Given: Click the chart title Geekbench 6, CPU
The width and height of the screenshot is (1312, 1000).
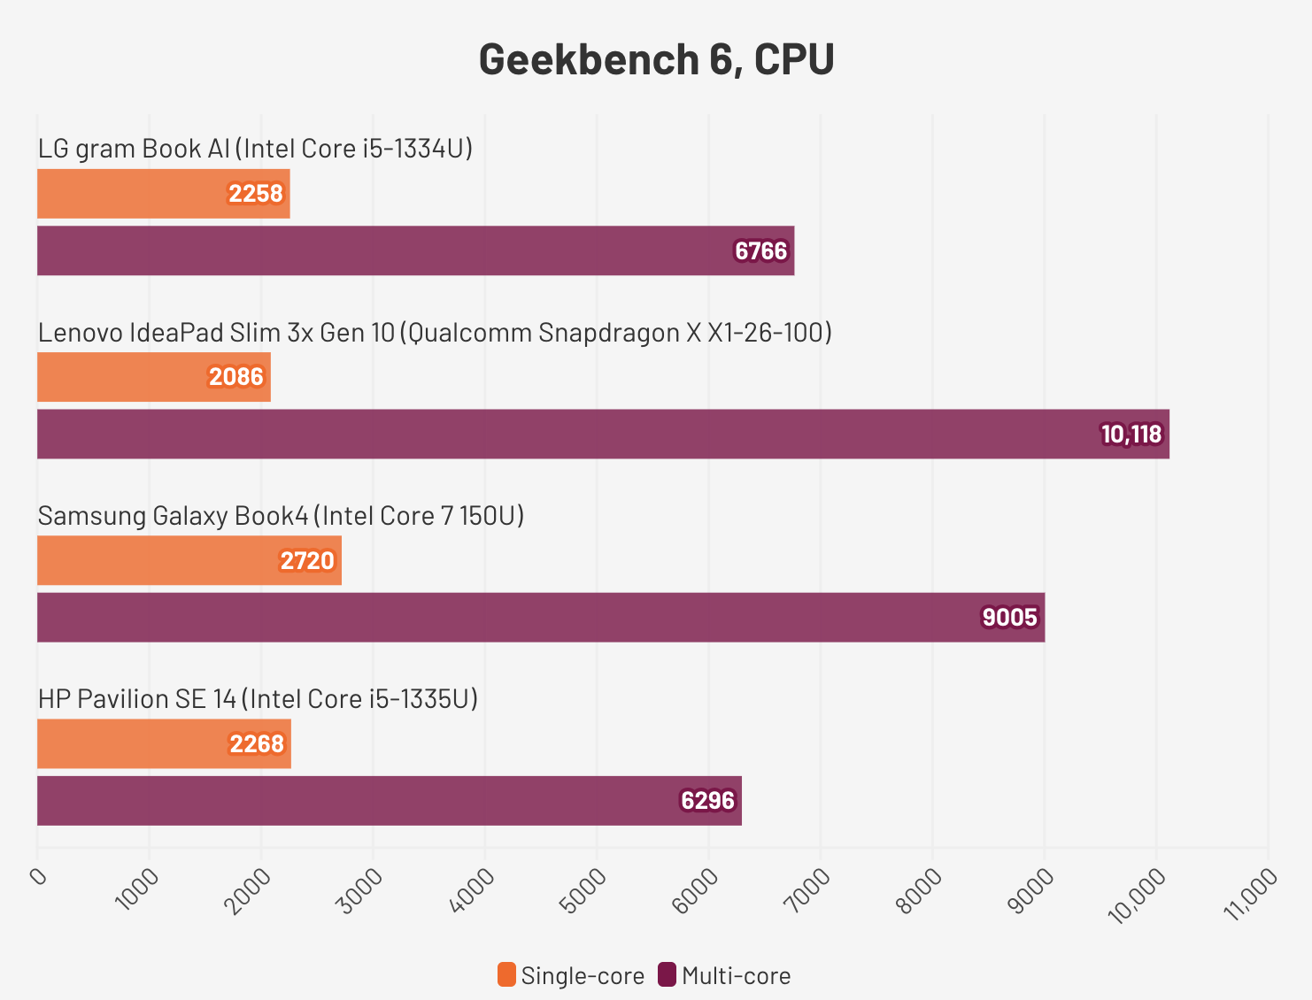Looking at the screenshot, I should (656, 60).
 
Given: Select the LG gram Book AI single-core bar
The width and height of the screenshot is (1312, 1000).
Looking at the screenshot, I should (163, 194).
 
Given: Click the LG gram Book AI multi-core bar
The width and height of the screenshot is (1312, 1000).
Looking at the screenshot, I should (415, 250).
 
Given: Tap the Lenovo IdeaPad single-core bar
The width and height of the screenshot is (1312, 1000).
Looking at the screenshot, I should (153, 377).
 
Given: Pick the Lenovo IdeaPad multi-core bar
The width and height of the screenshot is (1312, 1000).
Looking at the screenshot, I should (603, 434).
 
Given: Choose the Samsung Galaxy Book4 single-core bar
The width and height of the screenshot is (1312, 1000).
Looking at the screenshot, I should (189, 560).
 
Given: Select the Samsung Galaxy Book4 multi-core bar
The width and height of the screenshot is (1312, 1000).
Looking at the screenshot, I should (540, 617).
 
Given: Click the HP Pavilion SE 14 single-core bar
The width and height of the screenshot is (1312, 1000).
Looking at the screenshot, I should (164, 743).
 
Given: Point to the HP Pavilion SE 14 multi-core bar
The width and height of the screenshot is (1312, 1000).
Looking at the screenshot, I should (389, 801).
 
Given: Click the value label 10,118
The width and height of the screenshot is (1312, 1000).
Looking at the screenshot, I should (1131, 434).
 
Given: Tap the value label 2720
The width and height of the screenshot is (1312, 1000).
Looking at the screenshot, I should (307, 560).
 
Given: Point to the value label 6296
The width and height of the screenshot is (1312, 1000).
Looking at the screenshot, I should (707, 801).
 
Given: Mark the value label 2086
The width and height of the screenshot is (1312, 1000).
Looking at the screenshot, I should (236, 377).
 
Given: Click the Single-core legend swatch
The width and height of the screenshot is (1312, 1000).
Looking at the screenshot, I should (506, 975).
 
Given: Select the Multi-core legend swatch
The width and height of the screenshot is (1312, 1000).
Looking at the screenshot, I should (667, 975).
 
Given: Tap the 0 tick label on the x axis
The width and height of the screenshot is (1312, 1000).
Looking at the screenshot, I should (38, 875).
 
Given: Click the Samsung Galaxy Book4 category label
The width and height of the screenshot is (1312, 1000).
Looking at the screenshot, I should (281, 515).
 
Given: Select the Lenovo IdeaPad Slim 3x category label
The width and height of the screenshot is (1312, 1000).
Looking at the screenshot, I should (435, 332).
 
